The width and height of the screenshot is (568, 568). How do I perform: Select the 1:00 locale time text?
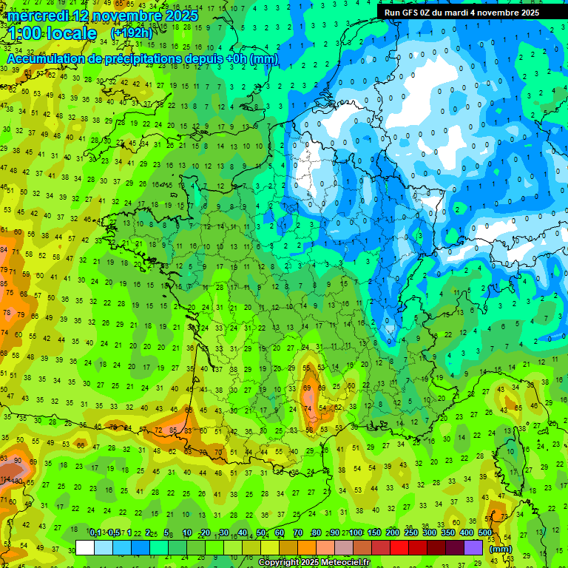click(x=52, y=33)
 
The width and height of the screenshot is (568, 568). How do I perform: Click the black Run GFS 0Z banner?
click(x=472, y=12)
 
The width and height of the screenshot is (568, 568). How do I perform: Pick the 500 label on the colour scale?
click(x=485, y=533)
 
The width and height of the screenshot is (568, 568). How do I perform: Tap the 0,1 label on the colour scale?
click(x=95, y=533)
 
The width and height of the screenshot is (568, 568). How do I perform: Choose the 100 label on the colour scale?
click(x=356, y=533)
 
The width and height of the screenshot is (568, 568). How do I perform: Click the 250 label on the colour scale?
click(x=411, y=533)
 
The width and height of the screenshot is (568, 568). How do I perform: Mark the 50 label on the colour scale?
click(x=261, y=533)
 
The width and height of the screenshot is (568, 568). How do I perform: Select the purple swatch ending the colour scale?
click(x=473, y=547)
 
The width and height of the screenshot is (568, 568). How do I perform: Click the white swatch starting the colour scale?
click(x=85, y=547)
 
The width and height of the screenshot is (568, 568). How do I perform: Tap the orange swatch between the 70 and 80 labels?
click(x=307, y=547)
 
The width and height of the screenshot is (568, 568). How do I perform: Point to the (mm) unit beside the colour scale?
click(x=501, y=549)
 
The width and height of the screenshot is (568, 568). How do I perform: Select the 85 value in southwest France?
click(x=172, y=430)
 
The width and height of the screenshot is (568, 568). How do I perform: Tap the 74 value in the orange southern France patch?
click(x=309, y=408)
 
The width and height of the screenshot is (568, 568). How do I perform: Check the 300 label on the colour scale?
click(x=430, y=533)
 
